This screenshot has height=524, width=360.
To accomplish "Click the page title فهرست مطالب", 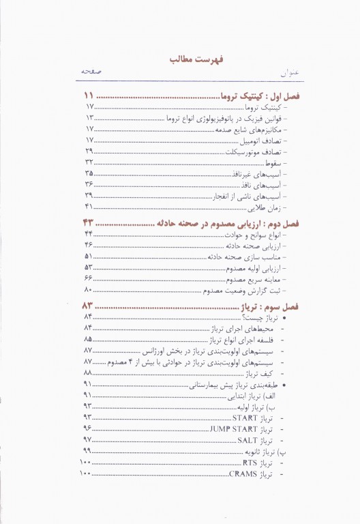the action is tap(179, 61).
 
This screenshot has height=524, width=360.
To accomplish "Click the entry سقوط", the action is tap(273, 162).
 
